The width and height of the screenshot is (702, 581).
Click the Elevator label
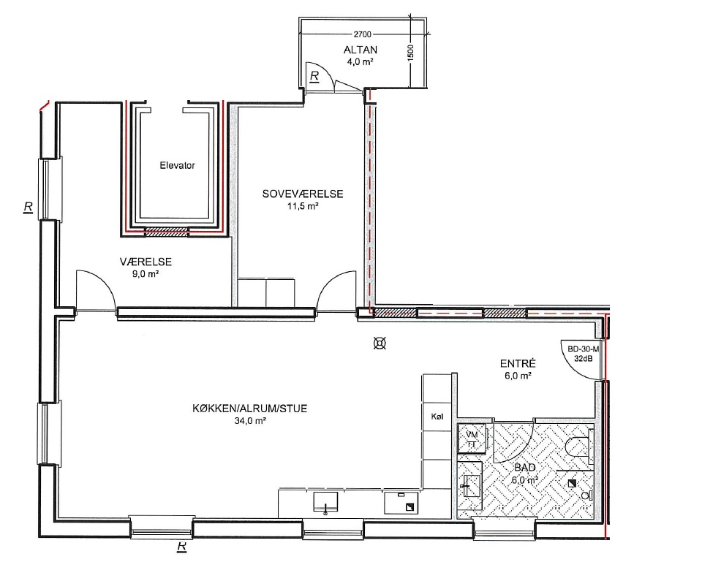tap(177, 165)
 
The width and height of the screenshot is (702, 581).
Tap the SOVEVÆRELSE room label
tap(303, 194)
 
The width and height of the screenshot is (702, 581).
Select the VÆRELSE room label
tap(146, 262)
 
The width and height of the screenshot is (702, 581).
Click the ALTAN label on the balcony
tap(361, 50)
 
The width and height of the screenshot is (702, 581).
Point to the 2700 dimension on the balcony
tap(363, 34)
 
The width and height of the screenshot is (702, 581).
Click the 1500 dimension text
tap(411, 53)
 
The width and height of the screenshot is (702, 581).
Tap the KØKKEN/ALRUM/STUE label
tap(250, 409)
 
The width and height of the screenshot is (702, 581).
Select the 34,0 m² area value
tap(250, 421)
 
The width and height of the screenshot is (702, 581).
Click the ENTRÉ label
tap(518, 364)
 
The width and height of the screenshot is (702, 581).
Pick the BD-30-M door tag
tap(583, 349)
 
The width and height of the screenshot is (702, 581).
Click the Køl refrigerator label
tap(437, 417)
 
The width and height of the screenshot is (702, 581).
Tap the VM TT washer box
tap(472, 438)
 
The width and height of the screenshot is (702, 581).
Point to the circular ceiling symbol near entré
tap(380, 343)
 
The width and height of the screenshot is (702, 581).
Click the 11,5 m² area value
tap(303, 206)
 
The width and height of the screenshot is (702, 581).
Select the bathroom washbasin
tap(470, 486)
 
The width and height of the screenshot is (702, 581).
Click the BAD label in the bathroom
tap(525, 468)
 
